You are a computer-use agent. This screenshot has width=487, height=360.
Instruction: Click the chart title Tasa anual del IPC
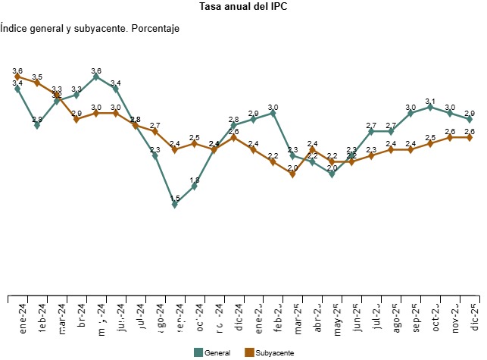pos(243,7)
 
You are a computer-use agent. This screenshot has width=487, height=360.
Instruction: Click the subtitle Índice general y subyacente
pos(89,29)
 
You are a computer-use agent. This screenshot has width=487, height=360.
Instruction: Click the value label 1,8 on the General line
pos(195,180)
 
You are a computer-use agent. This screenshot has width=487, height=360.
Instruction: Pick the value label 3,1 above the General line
pos(430,101)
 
